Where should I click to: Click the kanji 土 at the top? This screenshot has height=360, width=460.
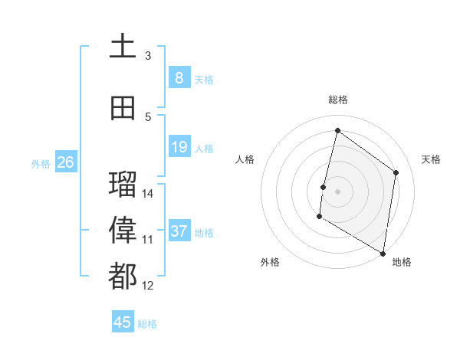click(x=123, y=45)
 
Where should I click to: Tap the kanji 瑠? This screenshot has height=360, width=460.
click(x=123, y=184)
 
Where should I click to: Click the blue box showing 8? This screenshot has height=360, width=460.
click(x=179, y=77)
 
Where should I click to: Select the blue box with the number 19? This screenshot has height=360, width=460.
click(x=179, y=146)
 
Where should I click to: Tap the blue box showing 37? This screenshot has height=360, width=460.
click(x=179, y=231)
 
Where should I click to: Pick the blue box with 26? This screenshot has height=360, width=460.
click(x=65, y=162)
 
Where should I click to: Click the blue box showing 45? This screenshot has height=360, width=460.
click(x=123, y=322)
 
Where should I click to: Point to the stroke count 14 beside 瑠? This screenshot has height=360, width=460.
click(x=148, y=193)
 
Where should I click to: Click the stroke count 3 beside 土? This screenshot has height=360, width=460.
click(x=148, y=55)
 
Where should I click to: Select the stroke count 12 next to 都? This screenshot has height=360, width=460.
click(x=148, y=286)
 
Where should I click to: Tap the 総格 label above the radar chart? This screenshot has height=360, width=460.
click(x=337, y=100)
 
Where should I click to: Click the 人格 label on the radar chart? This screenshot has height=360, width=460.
click(x=245, y=159)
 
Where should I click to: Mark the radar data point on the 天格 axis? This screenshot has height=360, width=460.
click(x=396, y=172)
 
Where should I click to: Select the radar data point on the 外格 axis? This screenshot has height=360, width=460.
click(x=319, y=218)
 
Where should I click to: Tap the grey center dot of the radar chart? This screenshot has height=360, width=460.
click(x=337, y=191)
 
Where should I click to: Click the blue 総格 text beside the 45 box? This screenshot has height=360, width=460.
click(x=147, y=324)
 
